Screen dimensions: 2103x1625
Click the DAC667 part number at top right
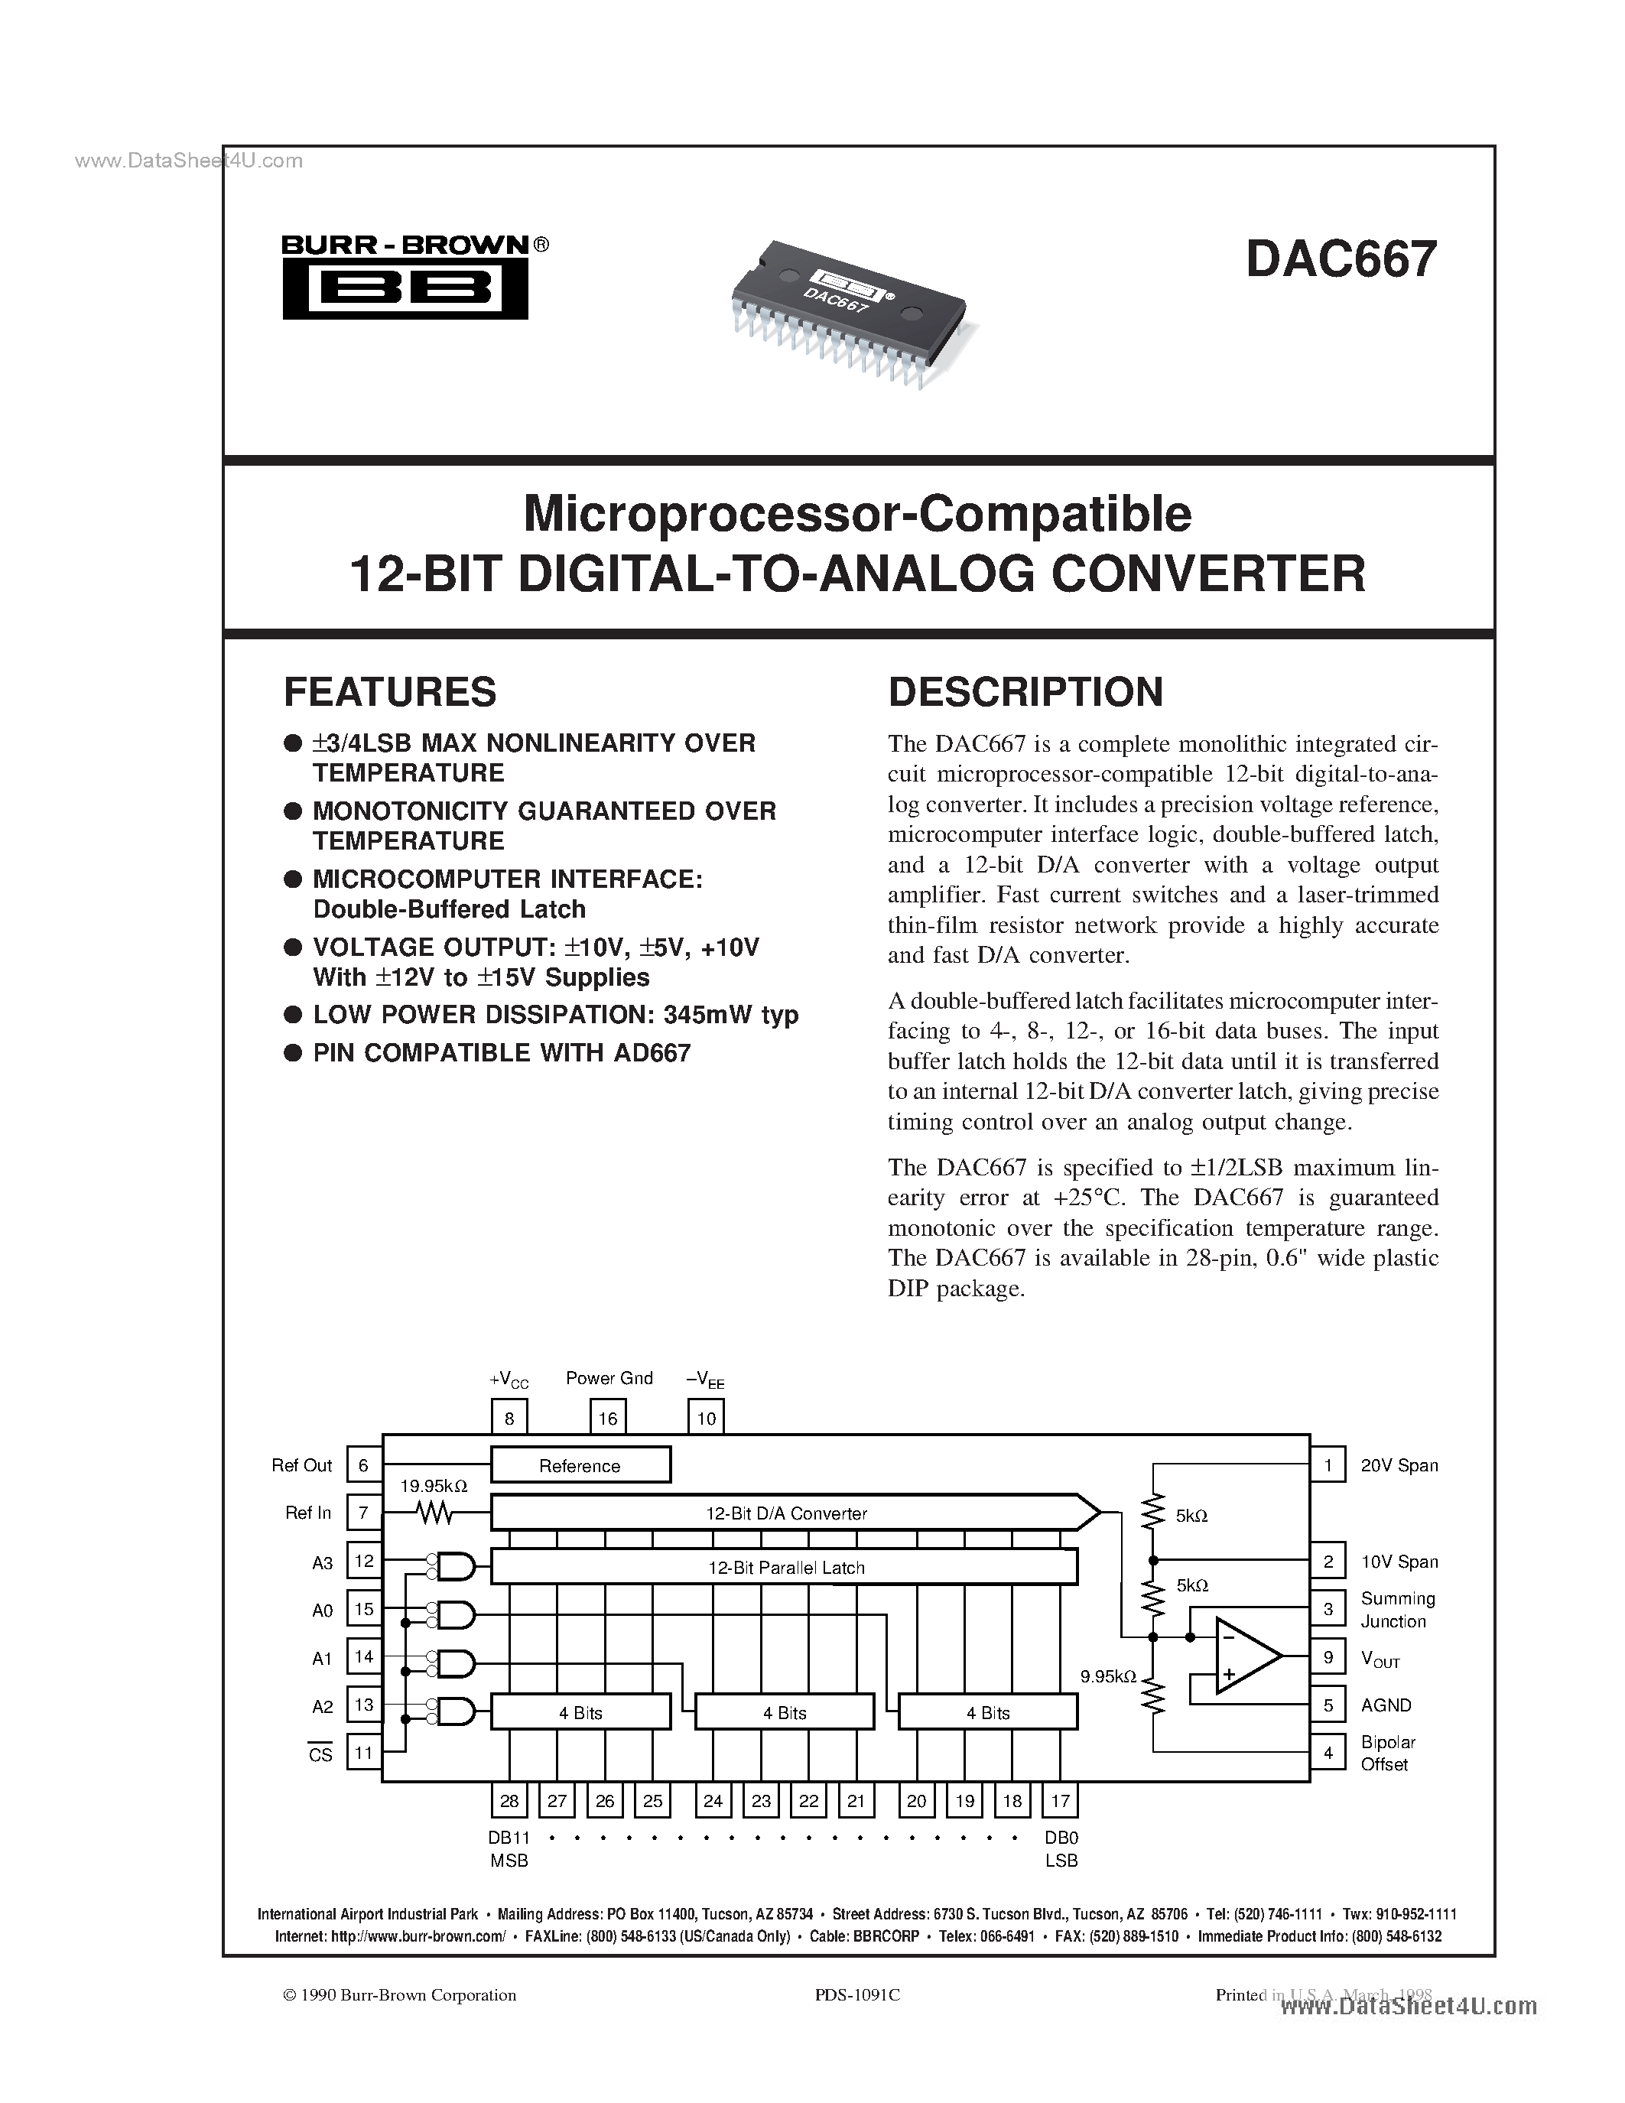1340,260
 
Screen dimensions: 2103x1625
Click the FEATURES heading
390,692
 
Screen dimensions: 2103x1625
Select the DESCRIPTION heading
1025,692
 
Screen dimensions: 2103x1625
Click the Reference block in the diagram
580,1465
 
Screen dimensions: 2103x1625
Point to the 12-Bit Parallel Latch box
785,1568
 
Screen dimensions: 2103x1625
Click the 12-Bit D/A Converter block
785,1513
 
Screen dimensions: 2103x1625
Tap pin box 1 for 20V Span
1328,1464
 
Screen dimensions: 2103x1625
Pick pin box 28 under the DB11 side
509,1801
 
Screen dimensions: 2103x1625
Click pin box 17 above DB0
1060,1801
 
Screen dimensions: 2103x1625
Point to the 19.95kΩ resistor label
434,1487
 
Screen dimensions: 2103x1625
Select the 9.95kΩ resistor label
1108,1676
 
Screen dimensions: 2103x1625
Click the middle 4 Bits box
785,1713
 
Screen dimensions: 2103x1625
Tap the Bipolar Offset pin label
1387,1754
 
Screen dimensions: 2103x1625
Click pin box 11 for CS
363,1753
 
